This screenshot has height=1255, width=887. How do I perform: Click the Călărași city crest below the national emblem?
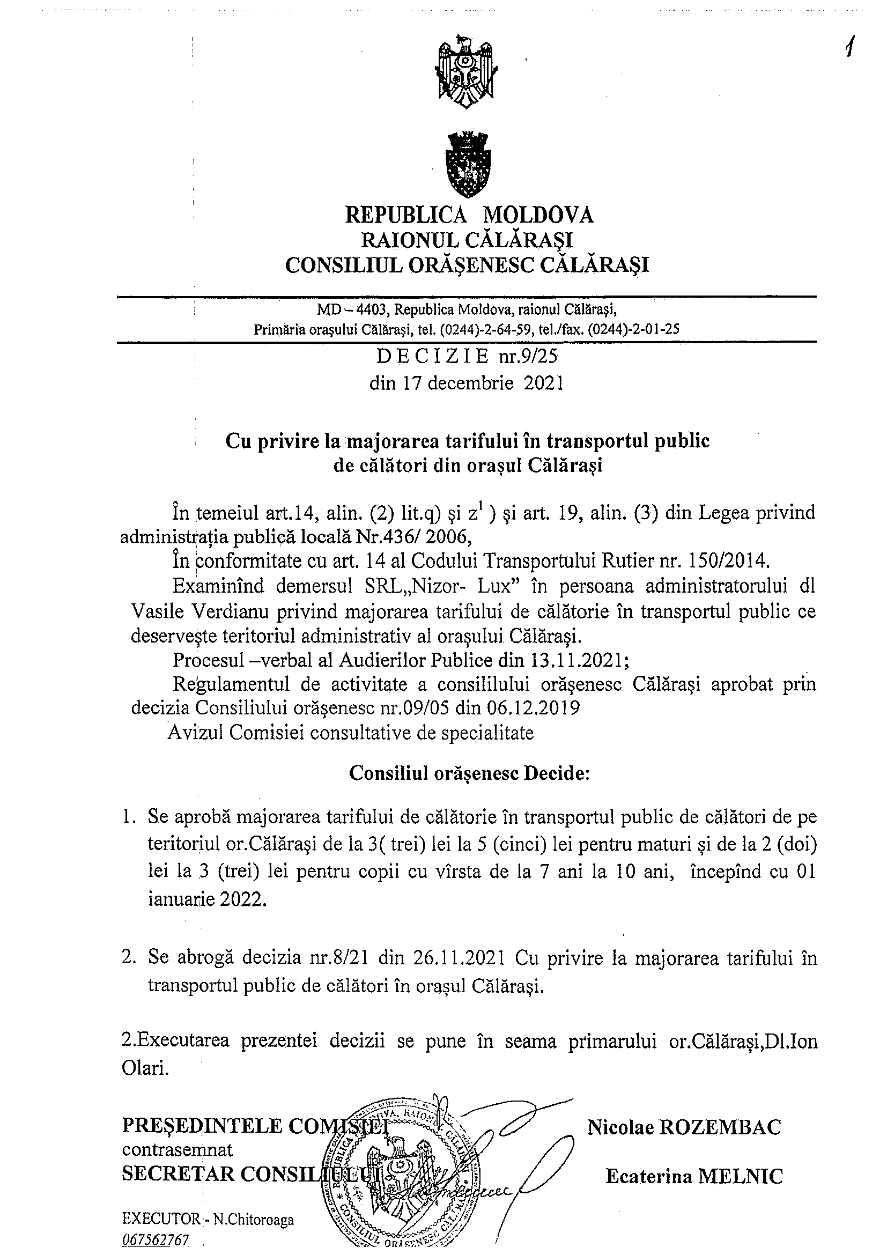click(466, 164)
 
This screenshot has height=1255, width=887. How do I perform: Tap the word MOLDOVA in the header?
click(539, 215)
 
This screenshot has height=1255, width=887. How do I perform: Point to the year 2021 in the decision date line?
click(543, 382)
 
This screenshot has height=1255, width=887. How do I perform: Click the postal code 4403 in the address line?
click(372, 310)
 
